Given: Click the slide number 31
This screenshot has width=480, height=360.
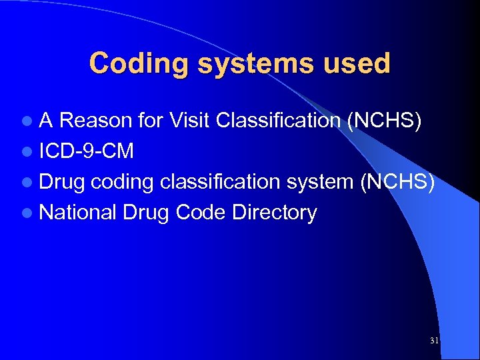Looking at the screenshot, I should tap(434, 341).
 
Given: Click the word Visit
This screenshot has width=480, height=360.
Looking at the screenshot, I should tap(191, 121).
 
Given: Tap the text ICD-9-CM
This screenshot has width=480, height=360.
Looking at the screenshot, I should tap(87, 151).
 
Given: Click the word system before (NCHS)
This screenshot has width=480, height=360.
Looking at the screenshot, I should tap(321, 182).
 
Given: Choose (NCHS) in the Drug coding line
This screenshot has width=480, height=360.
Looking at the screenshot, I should tap(397, 182).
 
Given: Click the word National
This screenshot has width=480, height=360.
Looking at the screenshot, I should tap(77, 213).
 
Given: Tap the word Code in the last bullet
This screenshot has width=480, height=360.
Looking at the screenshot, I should tap(204, 213).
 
